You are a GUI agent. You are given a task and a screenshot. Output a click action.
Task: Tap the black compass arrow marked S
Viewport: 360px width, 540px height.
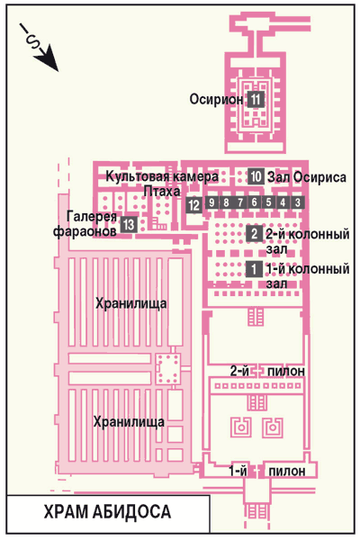click(x=40, y=48)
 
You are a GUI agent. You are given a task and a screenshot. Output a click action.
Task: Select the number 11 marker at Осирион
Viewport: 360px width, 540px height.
click(x=256, y=100)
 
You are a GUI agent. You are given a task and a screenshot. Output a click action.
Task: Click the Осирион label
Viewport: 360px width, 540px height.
click(x=217, y=100)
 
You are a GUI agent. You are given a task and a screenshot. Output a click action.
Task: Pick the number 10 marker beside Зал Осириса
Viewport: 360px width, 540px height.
click(x=256, y=176)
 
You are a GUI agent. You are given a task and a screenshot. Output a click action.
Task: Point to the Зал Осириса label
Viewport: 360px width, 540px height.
click(x=307, y=177)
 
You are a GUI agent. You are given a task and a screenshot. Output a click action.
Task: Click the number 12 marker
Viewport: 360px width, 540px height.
click(x=194, y=205)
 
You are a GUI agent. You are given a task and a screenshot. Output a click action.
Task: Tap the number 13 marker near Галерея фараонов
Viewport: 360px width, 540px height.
click(x=129, y=224)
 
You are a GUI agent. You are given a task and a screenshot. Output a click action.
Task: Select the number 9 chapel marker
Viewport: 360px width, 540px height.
click(x=211, y=202)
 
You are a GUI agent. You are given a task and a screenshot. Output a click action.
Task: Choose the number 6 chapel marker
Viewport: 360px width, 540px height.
click(x=254, y=202)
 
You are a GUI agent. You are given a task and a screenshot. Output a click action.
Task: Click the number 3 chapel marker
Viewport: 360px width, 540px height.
click(x=298, y=202)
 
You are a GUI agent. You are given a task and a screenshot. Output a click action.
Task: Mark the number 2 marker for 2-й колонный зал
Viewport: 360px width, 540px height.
click(x=254, y=234)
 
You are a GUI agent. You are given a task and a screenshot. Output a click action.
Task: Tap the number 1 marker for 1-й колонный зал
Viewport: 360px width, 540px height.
click(x=254, y=268)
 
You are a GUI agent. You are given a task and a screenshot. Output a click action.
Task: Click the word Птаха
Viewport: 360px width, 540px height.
click(x=162, y=191)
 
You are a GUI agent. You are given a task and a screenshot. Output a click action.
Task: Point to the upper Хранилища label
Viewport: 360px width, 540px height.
click(x=130, y=304)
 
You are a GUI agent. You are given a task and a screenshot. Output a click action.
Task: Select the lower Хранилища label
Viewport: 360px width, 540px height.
click(x=130, y=422)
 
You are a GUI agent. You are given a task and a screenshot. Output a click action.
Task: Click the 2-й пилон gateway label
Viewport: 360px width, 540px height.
click(x=267, y=371)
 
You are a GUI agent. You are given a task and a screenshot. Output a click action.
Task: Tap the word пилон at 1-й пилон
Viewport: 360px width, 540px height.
click(x=287, y=471)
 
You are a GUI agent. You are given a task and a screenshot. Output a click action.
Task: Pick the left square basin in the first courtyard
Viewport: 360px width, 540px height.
click(x=241, y=427)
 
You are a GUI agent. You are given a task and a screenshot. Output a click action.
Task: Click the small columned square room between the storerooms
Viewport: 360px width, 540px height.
click(x=167, y=369)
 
